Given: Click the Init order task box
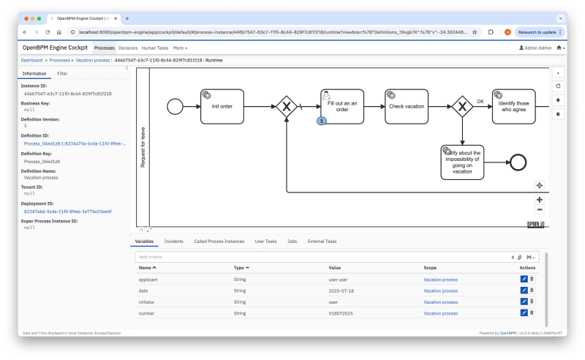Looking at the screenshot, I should [222, 106].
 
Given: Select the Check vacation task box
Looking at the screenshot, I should [407, 106].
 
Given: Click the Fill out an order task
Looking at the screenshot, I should [341, 106].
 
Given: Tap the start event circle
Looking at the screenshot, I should [174, 106].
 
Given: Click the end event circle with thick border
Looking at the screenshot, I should [518, 162].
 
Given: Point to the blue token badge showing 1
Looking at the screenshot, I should [321, 120].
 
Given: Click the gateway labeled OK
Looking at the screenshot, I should [462, 106].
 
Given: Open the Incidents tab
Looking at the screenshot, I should [173, 241].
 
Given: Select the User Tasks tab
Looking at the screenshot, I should [265, 241].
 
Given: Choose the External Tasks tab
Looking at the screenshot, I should [322, 241].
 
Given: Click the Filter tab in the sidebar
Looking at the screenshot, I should [63, 74].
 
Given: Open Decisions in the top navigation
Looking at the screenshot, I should [128, 48].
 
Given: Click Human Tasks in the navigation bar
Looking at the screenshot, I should [154, 48].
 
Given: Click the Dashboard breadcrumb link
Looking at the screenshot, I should [31, 60].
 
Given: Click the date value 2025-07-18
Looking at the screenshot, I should [341, 290].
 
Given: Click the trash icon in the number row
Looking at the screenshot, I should [532, 313].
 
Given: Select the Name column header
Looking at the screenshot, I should [146, 268].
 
